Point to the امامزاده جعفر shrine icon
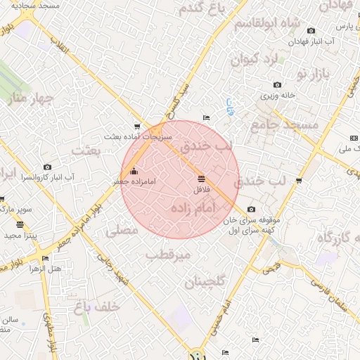[x=134, y=171]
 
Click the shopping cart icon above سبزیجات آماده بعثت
[x=136, y=127]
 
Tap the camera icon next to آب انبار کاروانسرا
[x=47, y=167]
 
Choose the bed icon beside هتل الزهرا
[x=46, y=258]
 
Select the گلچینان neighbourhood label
[x=205, y=282]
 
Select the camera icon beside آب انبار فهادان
[x=311, y=30]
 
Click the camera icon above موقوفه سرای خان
[x=251, y=209]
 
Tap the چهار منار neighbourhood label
[x=24, y=98]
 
